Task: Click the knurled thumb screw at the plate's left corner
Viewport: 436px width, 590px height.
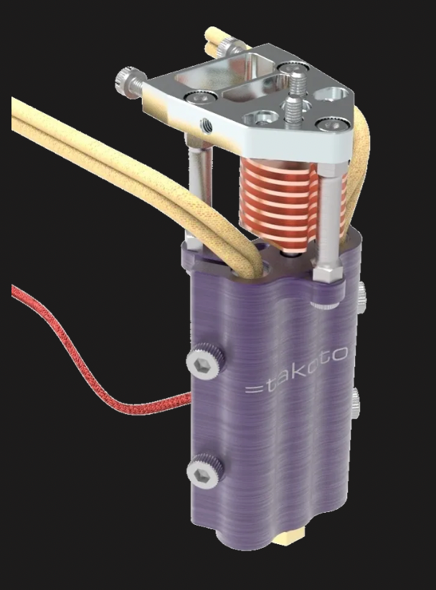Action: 127,79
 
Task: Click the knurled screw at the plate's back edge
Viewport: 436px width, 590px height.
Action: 232,48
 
